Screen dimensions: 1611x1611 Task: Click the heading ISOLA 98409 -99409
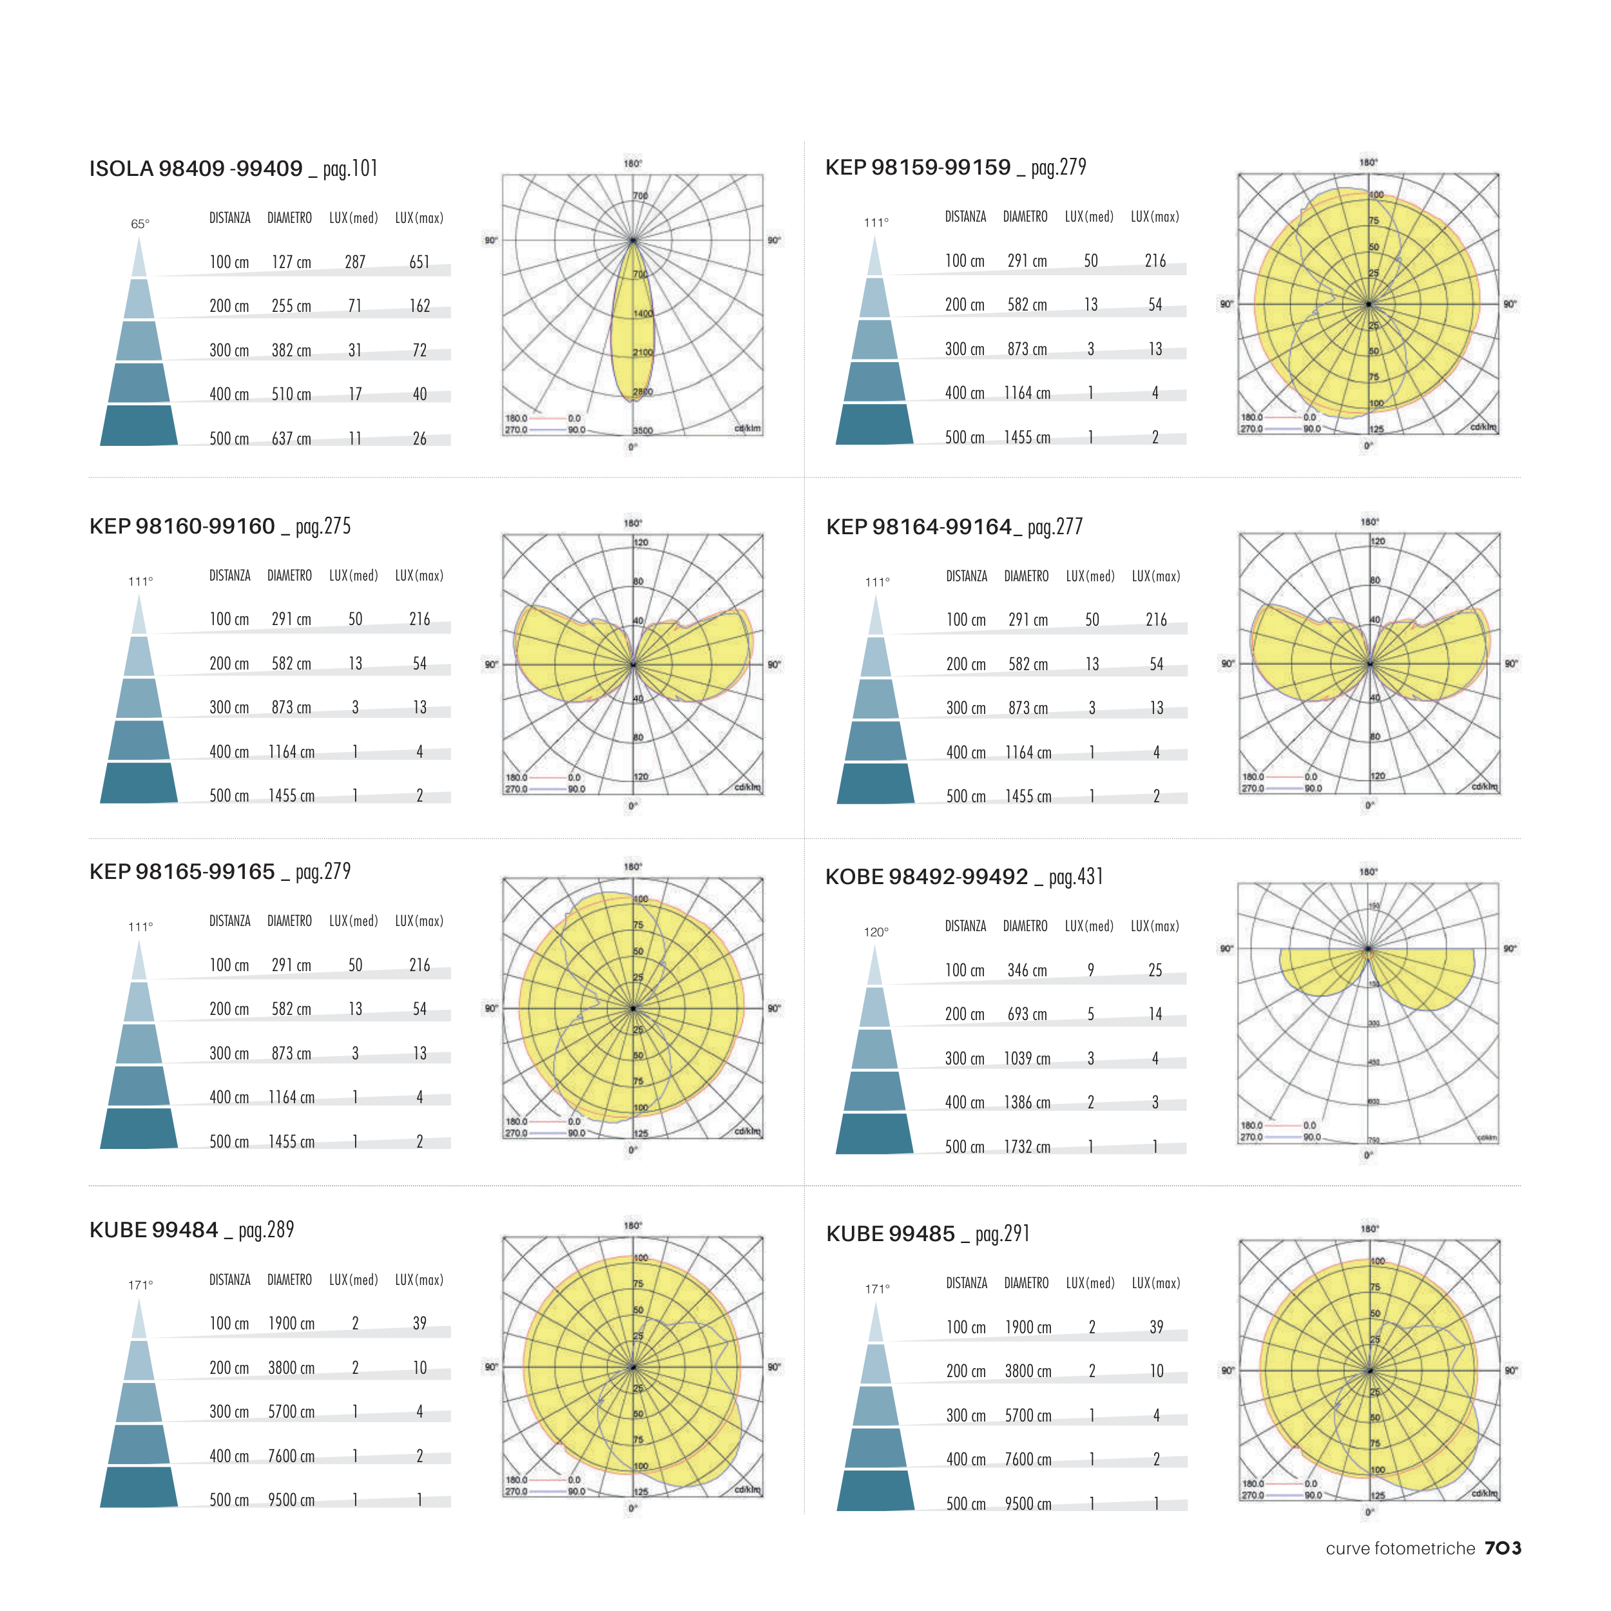[196, 169]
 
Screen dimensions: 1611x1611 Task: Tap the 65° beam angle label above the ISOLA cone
[140, 224]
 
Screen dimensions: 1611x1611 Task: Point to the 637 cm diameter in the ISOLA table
[291, 439]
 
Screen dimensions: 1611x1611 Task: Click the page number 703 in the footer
[1503, 1548]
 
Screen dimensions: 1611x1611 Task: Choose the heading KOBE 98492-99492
[927, 877]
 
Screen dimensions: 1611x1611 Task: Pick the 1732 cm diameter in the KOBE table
[1027, 1148]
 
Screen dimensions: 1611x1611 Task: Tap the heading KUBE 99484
[154, 1231]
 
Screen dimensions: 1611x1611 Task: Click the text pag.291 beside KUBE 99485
[1002, 1234]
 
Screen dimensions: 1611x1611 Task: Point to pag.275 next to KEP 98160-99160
[323, 526]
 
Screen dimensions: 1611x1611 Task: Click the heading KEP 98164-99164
[919, 527]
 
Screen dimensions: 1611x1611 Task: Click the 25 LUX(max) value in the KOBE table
[1155, 970]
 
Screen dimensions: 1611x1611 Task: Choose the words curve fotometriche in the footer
[1400, 1548]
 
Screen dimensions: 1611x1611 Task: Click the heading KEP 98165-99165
[182, 873]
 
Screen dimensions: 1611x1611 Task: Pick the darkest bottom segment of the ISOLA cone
[139, 425]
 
